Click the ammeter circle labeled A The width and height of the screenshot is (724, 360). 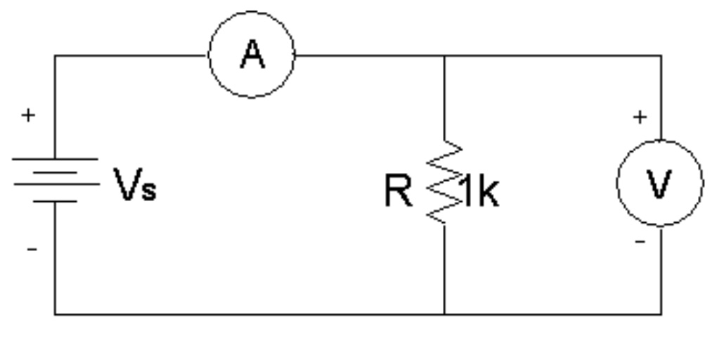coord(252,54)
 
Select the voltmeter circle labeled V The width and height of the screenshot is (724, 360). coord(659,183)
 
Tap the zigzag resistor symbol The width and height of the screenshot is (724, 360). coord(444,184)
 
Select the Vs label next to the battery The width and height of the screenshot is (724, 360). coord(135,190)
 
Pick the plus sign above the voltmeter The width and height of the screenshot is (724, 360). coord(639,118)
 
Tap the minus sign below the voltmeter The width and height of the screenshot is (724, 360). coord(640,242)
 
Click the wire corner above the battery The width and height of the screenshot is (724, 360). coord(56,55)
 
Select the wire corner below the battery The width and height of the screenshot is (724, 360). coord(56,314)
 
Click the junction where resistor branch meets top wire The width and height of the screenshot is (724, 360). coord(444,55)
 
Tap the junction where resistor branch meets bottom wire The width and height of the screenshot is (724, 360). coord(444,314)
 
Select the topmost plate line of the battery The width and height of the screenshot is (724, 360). coord(56,159)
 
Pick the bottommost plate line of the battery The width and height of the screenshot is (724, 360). coord(56,201)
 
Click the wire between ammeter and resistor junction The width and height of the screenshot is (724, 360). coord(369,55)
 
